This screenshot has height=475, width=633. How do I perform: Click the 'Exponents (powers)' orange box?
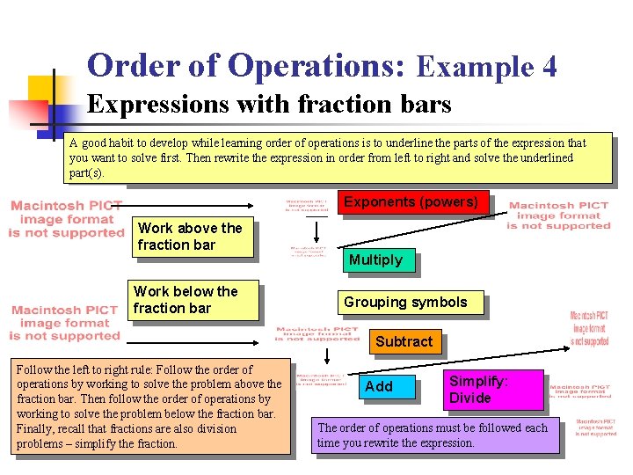(411, 202)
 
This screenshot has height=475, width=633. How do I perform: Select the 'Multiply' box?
(375, 259)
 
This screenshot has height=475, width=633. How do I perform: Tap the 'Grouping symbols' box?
(405, 303)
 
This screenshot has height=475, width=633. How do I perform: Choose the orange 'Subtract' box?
(404, 341)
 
